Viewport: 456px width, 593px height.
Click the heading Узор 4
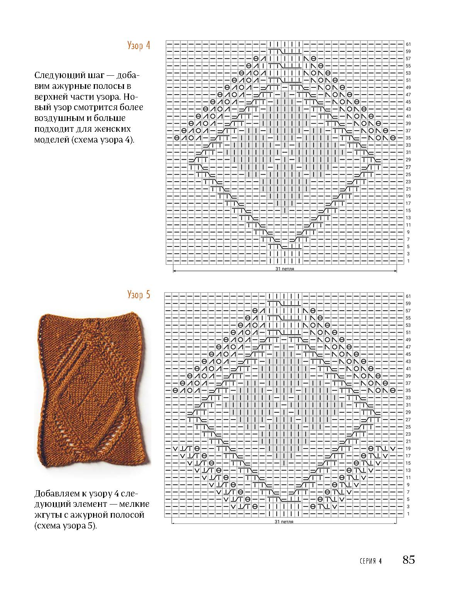coord(138,46)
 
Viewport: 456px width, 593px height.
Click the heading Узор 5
coord(138,295)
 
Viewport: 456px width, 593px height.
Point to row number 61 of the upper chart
coord(408,44)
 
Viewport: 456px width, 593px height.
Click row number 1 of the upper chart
coord(408,262)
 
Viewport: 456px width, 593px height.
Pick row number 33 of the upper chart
coord(408,145)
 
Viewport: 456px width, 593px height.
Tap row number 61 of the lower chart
coord(408,296)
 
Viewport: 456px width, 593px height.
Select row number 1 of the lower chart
coord(408,514)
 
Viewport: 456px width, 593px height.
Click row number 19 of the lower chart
coord(408,449)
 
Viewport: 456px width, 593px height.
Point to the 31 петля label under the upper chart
coord(285,269)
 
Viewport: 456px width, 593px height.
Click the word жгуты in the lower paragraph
coord(46,515)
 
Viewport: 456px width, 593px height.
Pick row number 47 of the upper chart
coord(408,95)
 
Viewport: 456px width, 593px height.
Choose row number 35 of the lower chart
coord(408,391)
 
